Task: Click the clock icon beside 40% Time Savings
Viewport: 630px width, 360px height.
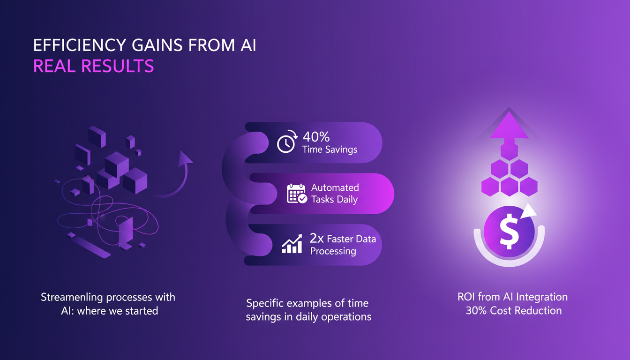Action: [286, 143]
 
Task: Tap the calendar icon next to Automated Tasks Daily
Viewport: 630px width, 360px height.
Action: [297, 194]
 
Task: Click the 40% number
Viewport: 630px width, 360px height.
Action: [316, 137]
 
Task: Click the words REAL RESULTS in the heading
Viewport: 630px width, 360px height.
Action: [93, 66]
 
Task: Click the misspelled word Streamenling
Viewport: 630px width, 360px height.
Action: [70, 297]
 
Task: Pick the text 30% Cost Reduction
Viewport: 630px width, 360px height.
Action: [513, 310]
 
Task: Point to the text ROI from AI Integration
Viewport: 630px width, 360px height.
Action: [512, 297]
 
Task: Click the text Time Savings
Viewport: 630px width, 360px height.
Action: [330, 150]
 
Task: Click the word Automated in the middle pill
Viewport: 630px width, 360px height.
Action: [335, 187]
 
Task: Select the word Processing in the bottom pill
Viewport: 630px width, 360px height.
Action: [333, 251]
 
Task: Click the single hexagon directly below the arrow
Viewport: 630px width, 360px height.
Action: [509, 151]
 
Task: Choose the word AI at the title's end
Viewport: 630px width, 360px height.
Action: [246, 45]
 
